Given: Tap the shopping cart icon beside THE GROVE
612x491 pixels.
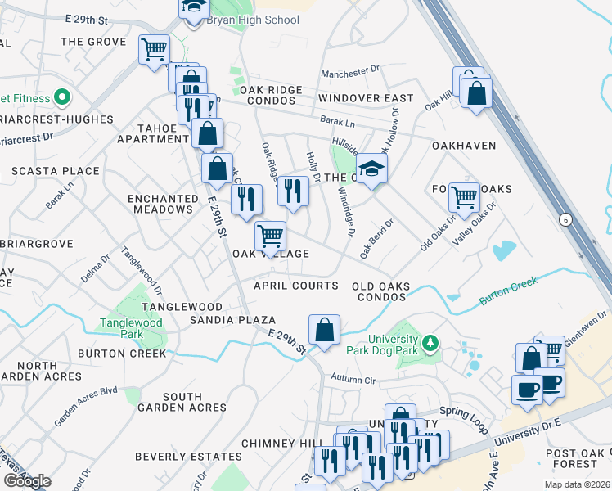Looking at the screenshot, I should click(154, 51).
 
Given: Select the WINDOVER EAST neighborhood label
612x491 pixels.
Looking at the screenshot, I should click(366, 98).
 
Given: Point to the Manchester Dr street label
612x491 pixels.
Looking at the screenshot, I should click(352, 74).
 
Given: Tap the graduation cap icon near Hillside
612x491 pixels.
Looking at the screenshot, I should click(371, 169).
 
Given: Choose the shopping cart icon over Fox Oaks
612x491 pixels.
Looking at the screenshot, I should click(464, 198).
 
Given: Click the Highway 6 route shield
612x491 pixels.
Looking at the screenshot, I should click(565, 218).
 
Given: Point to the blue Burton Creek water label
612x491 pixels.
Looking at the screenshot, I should click(508, 287).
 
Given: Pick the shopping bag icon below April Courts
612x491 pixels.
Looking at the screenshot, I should click(325, 331).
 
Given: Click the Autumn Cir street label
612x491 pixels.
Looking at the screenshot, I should click(353, 379).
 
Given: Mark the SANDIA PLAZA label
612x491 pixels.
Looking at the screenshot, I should click(232, 320).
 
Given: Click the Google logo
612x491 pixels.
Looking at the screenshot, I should click(27, 480).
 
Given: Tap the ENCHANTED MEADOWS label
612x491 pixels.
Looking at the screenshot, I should click(164, 204).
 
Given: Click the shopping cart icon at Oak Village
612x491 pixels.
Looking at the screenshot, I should click(270, 237).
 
